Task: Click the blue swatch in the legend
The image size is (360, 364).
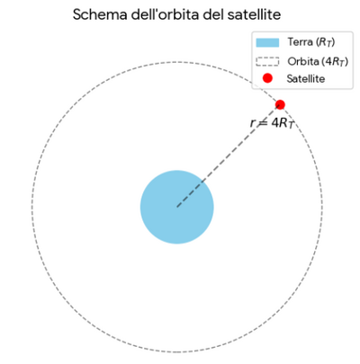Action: click(267, 42)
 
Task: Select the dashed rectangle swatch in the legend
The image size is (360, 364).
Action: click(267, 61)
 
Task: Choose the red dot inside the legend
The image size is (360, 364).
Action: click(267, 78)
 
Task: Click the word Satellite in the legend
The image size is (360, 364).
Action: click(306, 79)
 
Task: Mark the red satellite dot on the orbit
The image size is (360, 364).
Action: click(280, 104)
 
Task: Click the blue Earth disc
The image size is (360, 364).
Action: click(177, 207)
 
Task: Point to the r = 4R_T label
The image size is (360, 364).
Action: click(271, 123)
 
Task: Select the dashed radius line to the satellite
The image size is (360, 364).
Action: click(229, 155)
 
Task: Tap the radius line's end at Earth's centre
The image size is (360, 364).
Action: click(177, 207)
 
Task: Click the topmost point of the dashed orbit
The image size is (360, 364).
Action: click(177, 62)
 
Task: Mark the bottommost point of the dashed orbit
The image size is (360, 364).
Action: click(177, 352)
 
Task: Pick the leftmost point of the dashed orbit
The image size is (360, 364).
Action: click(31, 207)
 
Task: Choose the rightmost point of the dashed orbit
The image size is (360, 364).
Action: click(322, 207)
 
